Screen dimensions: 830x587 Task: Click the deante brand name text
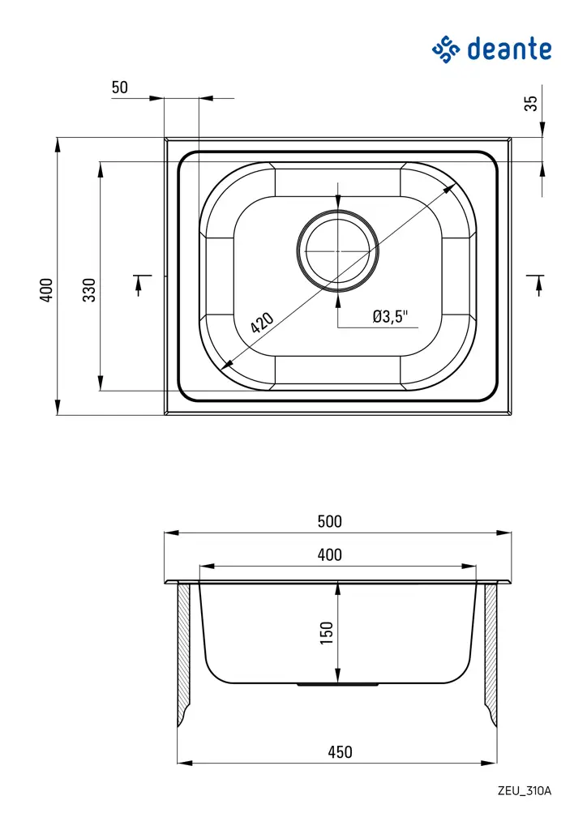click(509, 49)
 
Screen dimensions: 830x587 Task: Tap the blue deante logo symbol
click(446, 49)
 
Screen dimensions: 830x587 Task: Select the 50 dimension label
click(120, 88)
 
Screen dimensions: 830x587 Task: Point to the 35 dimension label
click(531, 104)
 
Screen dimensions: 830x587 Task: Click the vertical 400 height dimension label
click(46, 289)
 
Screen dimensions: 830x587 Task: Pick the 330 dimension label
click(89, 289)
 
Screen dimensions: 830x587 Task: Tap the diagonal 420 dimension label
click(262, 323)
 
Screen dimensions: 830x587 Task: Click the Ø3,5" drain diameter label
click(390, 317)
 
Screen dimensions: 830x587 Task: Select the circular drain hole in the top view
click(338, 250)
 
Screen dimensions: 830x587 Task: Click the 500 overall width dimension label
click(329, 521)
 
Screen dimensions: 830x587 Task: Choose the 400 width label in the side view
click(329, 555)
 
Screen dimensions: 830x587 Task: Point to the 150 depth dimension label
click(327, 632)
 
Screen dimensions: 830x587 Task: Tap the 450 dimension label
click(340, 751)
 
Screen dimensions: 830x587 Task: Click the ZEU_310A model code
click(524, 791)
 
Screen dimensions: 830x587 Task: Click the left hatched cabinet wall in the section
click(184, 648)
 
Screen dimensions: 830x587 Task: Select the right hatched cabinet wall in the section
click(491, 648)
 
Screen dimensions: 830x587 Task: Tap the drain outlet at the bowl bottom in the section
click(337, 685)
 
